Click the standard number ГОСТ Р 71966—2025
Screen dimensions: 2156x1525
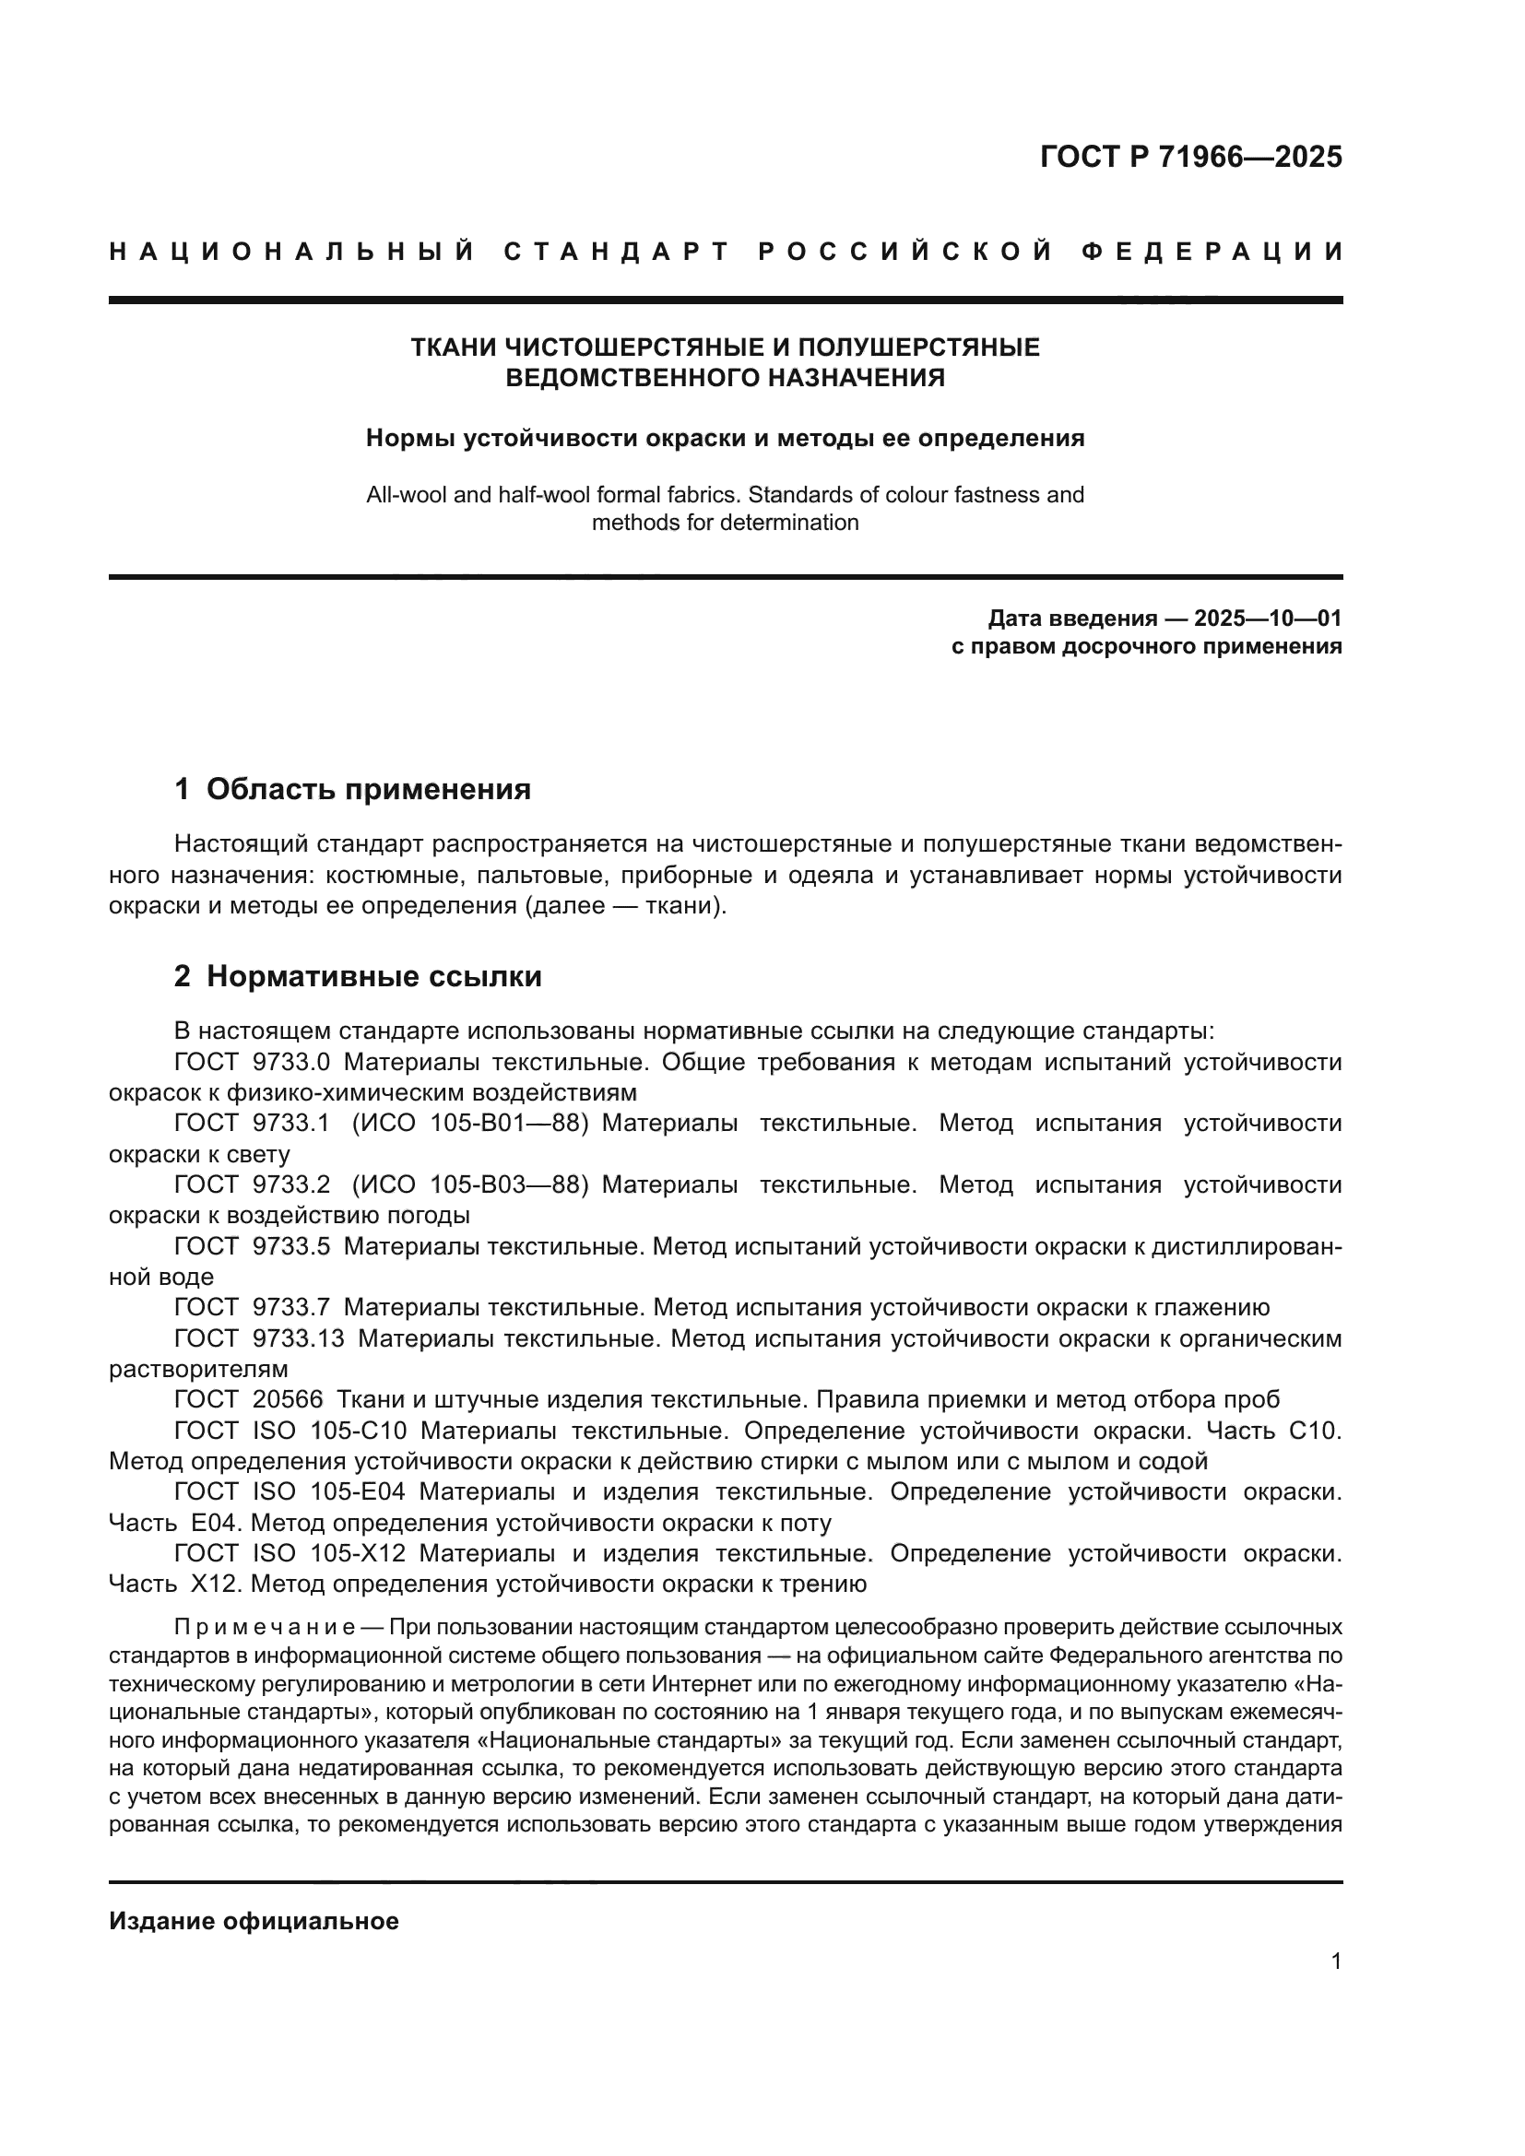point(1189,157)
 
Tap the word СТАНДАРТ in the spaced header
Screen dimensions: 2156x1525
point(616,252)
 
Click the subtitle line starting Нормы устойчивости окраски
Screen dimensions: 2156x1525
point(725,438)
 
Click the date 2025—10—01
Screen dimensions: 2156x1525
point(1267,618)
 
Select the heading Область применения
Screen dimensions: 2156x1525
point(368,789)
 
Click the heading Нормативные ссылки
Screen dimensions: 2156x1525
point(373,976)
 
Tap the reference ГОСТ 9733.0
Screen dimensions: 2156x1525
point(252,1062)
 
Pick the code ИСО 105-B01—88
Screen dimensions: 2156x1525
point(469,1123)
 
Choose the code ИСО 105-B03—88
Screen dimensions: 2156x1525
point(469,1185)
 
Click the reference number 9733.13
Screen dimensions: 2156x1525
point(299,1338)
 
